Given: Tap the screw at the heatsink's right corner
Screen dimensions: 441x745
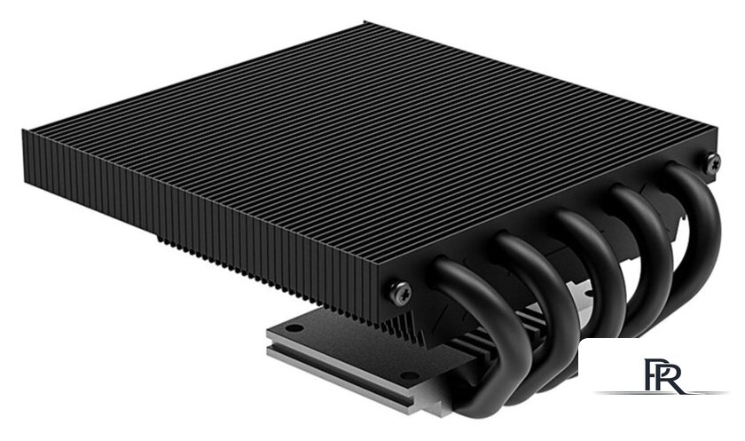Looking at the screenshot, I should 711,161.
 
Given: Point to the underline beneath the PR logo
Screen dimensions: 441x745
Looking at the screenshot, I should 661,393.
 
